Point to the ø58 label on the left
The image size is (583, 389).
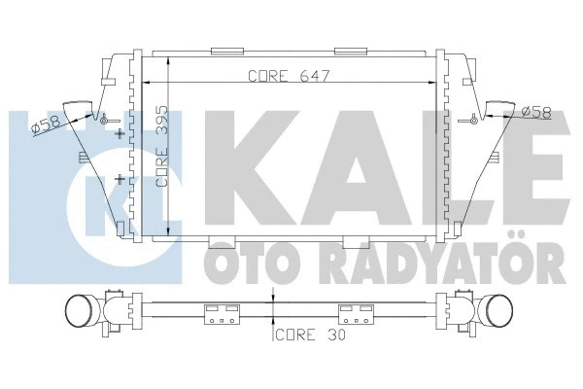pyautogui.click(x=47, y=124)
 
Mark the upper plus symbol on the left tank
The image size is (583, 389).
pyautogui.click(x=120, y=133)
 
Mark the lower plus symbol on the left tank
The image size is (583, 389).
pyautogui.click(x=120, y=180)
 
